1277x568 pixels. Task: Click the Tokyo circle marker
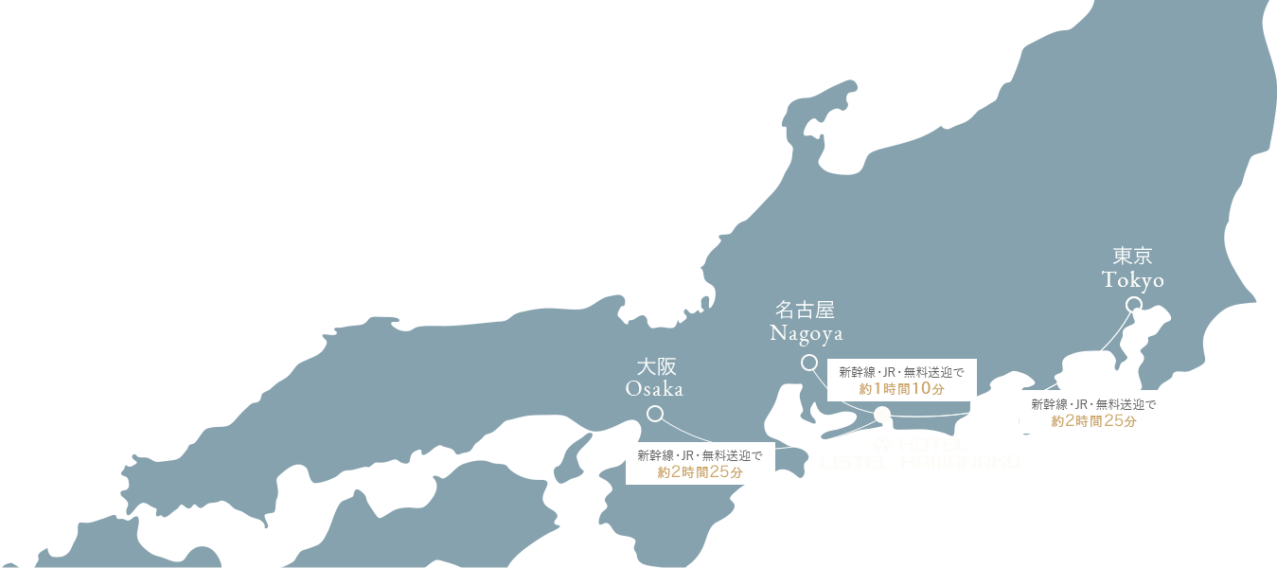pos(1133,305)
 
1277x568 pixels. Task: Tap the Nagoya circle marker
pos(808,363)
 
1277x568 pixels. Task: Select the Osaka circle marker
pos(654,414)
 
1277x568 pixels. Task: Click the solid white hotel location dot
pos(882,414)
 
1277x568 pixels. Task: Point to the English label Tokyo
pos(1133,280)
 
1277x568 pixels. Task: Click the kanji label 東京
pos(1133,257)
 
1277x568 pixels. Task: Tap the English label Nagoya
pos(807,333)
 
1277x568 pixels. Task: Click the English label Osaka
pos(654,389)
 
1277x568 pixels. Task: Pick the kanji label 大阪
pos(655,366)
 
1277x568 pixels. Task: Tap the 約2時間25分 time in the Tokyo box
pos(1093,421)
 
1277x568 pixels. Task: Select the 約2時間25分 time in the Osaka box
pos(700,472)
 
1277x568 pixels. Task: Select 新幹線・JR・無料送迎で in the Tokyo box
pos(1093,404)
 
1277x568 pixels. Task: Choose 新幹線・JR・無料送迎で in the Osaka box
pos(700,455)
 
